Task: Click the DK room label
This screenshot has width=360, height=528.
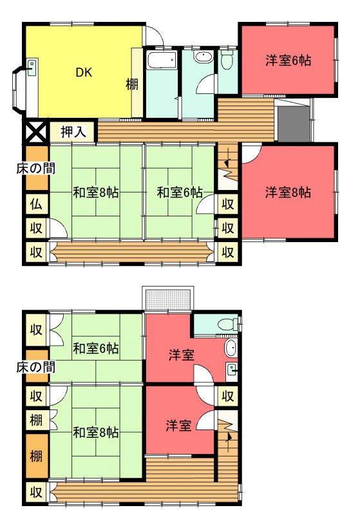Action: tap(84, 72)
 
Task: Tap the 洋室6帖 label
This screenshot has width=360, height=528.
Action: tap(288, 61)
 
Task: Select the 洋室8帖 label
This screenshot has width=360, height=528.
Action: tap(288, 193)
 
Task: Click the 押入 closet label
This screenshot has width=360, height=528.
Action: tap(73, 131)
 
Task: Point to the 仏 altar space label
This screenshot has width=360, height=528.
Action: tap(36, 204)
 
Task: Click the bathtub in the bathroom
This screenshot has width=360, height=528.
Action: tap(162, 61)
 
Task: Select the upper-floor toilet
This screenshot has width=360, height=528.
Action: tap(227, 325)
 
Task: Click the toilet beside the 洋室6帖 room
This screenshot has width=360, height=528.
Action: tap(227, 59)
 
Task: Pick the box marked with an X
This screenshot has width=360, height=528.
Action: tap(35, 131)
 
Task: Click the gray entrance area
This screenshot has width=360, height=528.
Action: tap(293, 124)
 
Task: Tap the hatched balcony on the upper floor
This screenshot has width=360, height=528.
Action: tap(168, 298)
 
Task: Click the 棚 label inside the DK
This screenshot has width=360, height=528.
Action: tap(132, 84)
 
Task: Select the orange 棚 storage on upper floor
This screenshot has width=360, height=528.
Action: tap(36, 456)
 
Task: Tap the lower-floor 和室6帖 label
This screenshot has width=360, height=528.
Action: tap(180, 193)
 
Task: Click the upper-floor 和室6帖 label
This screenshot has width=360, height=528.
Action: tap(96, 348)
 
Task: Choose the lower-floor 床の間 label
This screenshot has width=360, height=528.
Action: tap(35, 168)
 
